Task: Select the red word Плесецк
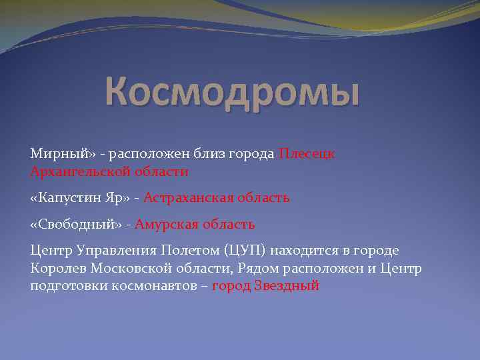307,154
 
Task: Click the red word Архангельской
78,172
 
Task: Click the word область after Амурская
230,224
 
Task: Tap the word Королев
57,268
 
